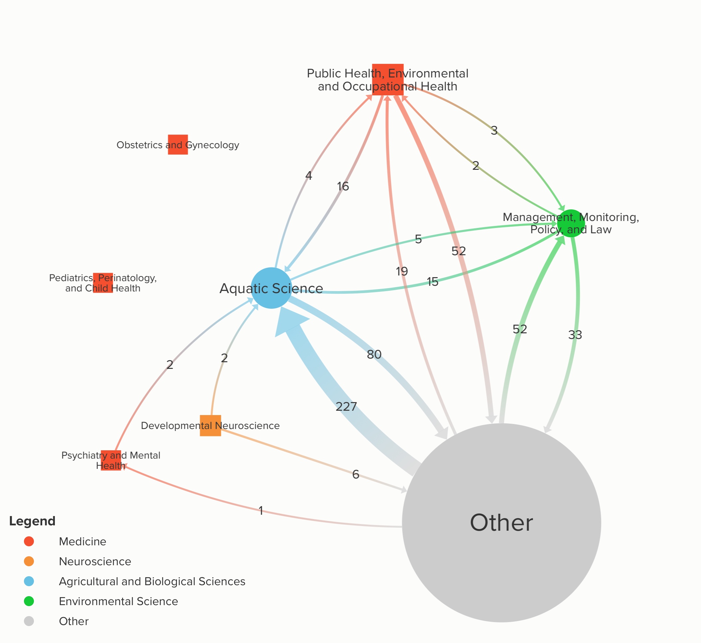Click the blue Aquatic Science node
pos(271,288)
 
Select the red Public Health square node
pos(388,79)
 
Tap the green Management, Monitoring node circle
pos(571,223)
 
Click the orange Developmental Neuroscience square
pos(210,425)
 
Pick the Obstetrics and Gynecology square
pos(178,145)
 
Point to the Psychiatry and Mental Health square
pos(111,460)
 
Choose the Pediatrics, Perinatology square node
pos(103,282)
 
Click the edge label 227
pos(346,406)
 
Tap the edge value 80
pos(374,355)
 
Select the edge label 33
pos(575,335)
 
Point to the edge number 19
pos(401,271)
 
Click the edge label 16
pos(343,186)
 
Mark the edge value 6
pos(355,474)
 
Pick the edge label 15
pos(433,281)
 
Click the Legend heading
pos(32,521)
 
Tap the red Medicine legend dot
pos(29,541)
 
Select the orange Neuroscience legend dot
pos(29,561)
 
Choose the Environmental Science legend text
pos(118,601)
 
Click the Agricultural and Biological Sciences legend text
pos(152,582)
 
